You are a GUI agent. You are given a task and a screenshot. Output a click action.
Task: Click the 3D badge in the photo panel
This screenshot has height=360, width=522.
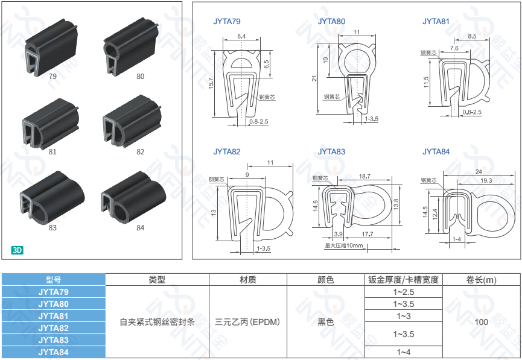coord(17,249)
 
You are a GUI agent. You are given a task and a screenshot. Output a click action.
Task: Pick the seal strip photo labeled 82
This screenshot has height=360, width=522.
coord(134,122)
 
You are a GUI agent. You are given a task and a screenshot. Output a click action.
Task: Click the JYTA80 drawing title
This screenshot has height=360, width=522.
coord(331,22)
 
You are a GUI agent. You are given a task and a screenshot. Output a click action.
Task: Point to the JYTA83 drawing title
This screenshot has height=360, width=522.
coord(331,151)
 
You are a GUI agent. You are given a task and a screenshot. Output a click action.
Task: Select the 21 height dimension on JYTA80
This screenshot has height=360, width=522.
coord(314,78)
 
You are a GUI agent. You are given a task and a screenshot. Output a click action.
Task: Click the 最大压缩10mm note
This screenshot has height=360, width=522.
coord(344,245)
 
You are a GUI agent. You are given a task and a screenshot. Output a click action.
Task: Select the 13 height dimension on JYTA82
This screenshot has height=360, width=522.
coord(214,212)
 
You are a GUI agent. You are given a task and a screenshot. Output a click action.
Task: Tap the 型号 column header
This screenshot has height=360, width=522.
coord(53,279)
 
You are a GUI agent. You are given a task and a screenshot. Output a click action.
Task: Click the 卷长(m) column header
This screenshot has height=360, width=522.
coord(481,279)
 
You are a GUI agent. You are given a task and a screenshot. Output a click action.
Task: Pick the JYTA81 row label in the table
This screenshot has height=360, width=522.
coord(53,316)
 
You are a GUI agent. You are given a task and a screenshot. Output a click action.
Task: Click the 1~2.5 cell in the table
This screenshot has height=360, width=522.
coord(404,292)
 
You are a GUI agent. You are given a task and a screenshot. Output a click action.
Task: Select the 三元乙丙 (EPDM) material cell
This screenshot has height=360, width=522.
coord(247,322)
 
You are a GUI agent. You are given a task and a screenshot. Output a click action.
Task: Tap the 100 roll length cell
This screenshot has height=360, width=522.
coord(481,322)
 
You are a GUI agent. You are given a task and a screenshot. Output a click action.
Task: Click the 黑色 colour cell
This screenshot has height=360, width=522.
coord(326,322)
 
